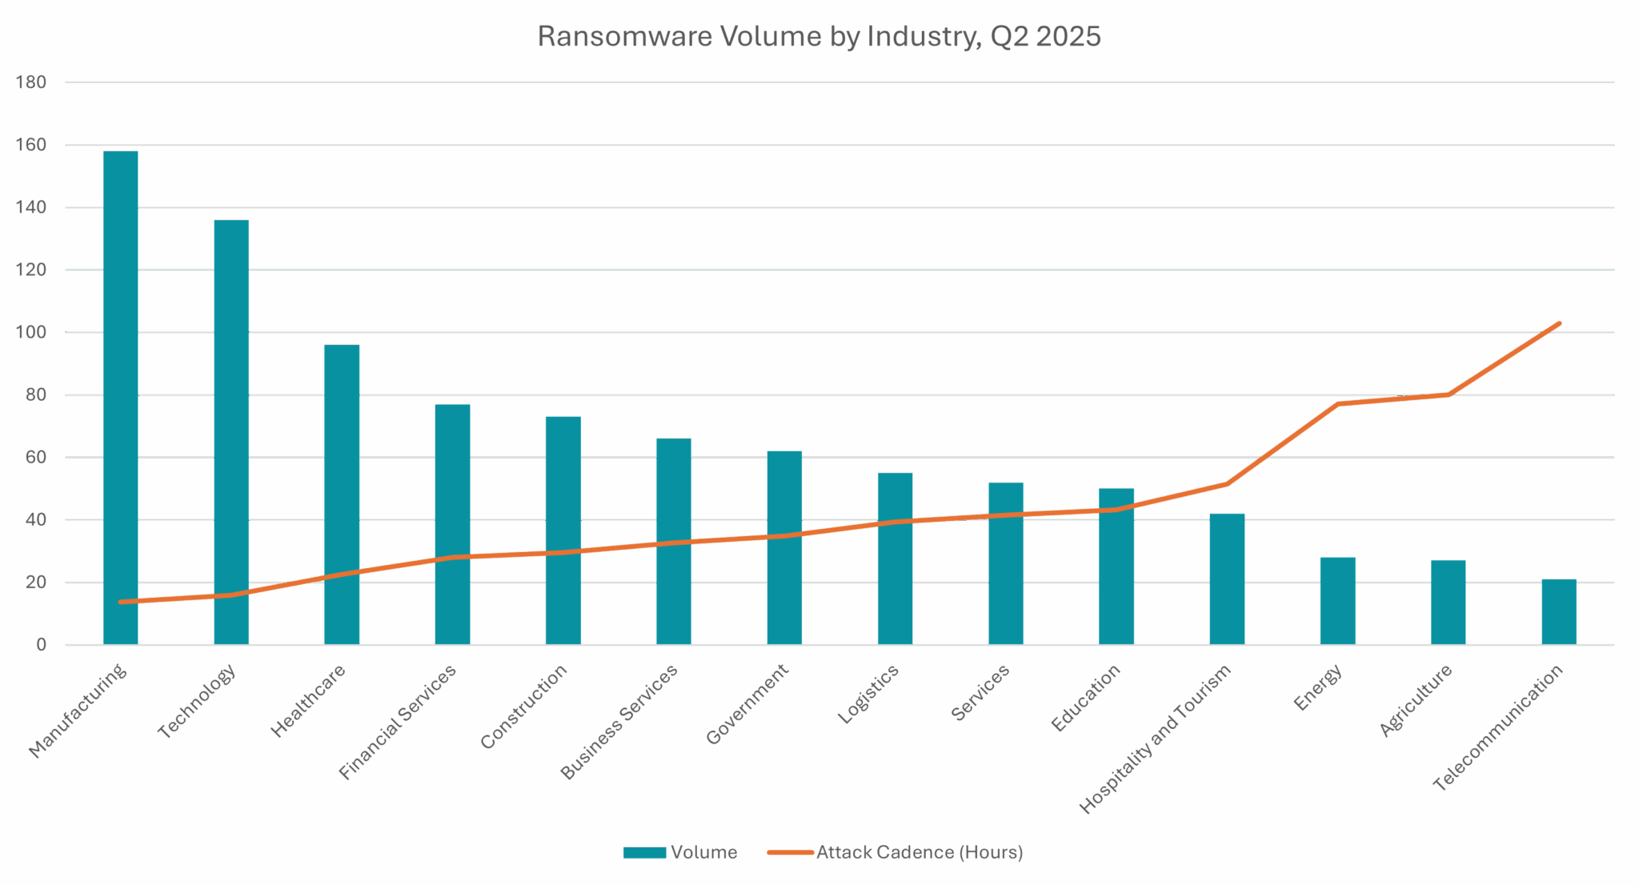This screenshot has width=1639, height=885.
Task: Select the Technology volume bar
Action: [x=231, y=432]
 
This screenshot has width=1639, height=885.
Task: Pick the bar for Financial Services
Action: [x=452, y=524]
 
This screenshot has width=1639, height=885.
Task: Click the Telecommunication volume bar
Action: [x=1559, y=611]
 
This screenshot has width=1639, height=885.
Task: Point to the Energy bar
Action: [x=1337, y=601]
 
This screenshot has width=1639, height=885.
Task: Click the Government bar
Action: [x=784, y=547]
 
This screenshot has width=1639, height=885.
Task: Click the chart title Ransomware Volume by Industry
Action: [x=819, y=38]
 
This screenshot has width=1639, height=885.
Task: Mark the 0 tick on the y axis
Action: [x=40, y=645]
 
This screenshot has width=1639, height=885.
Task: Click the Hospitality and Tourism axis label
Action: [x=1156, y=738]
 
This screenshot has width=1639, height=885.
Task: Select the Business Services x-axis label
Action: [x=619, y=721]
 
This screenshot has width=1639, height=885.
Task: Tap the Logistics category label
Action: [x=869, y=695]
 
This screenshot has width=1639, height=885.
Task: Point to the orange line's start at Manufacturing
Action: [x=120, y=602]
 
